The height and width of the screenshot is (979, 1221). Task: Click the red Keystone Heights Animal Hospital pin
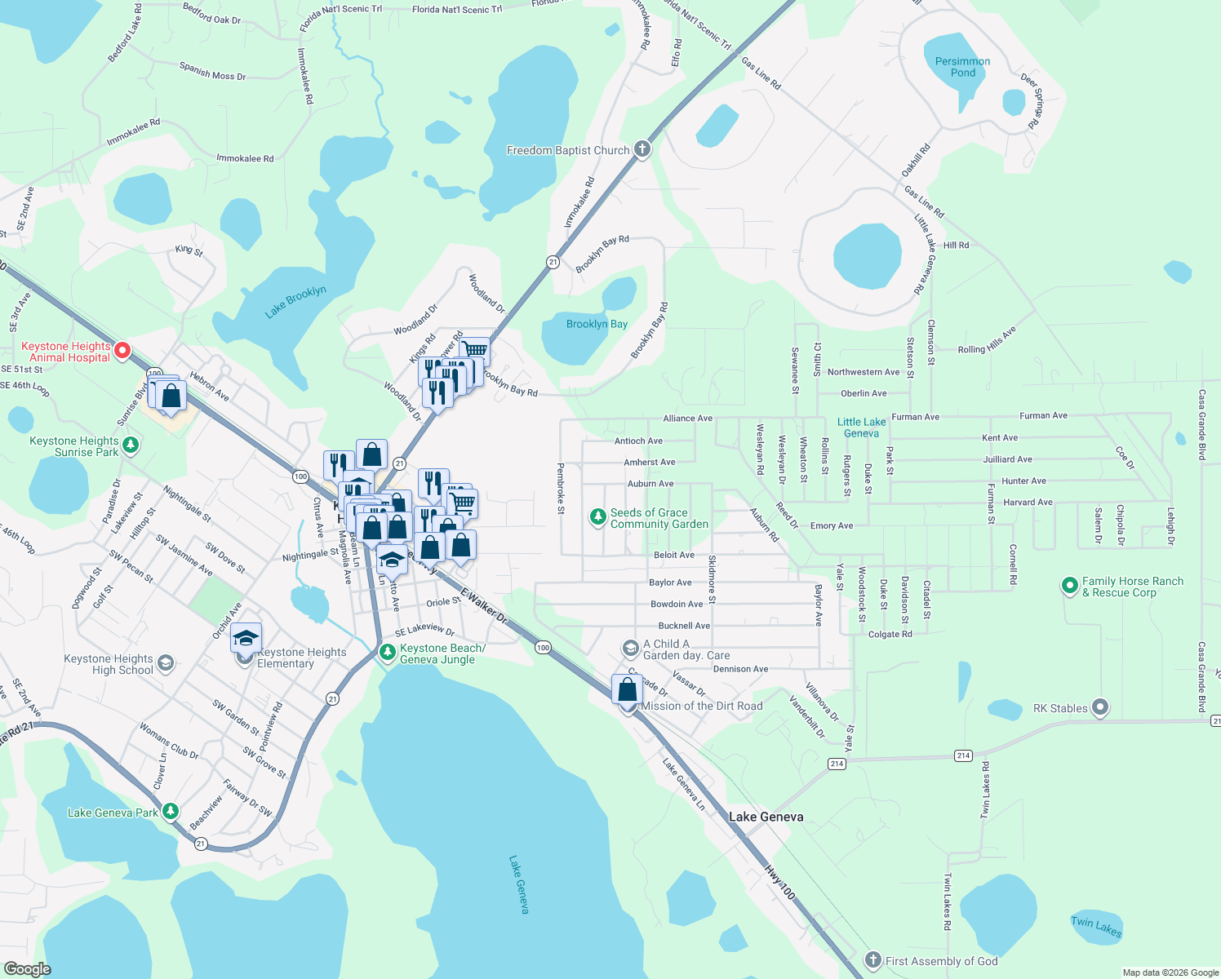[122, 351]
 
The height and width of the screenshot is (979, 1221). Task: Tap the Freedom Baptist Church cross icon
[642, 149]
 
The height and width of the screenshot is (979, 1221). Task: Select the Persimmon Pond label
[962, 67]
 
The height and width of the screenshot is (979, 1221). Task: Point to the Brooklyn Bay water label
[597, 324]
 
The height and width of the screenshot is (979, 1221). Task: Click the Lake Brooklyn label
[295, 302]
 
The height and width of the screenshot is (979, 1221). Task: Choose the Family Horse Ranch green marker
[1069, 586]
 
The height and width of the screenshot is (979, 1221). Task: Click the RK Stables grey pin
[1100, 707]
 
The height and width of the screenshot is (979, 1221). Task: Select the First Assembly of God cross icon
[873, 960]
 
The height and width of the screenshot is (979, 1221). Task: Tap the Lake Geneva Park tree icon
[170, 812]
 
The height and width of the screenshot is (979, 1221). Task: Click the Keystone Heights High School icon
[166, 663]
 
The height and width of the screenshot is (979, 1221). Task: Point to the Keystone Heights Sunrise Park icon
[131, 445]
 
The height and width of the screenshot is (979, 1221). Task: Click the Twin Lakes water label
[1096, 926]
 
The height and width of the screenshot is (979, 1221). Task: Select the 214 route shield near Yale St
[837, 764]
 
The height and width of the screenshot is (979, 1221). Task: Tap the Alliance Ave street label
[687, 419]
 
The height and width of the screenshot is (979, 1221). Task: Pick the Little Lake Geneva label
[861, 427]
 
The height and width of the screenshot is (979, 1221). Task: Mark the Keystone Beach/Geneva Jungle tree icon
[388, 653]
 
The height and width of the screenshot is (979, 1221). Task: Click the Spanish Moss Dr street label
[212, 71]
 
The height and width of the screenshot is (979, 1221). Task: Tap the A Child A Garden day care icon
[630, 649]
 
